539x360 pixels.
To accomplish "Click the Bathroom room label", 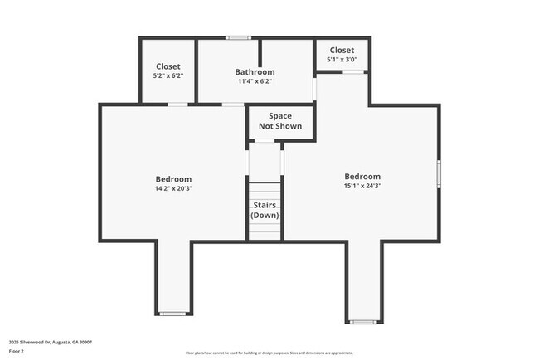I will pyautogui.click(x=254, y=72).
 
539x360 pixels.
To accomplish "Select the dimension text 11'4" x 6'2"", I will pyautogui.click(x=254, y=81).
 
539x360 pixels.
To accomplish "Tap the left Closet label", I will pyautogui.click(x=168, y=66).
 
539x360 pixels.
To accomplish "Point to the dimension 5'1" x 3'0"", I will pyautogui.click(x=342, y=59).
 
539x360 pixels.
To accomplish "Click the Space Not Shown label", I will pyautogui.click(x=280, y=121).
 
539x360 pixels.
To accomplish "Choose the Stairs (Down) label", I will pyautogui.click(x=265, y=210).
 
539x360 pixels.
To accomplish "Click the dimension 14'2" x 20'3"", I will pyautogui.click(x=173, y=188).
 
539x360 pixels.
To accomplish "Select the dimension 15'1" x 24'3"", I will pyautogui.click(x=362, y=186).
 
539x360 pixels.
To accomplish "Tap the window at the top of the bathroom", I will pyautogui.click(x=240, y=37).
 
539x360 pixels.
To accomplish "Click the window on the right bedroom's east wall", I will pyautogui.click(x=439, y=173).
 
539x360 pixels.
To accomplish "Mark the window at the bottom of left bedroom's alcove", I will pyautogui.click(x=172, y=314).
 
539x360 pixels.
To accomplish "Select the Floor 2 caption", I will pyautogui.click(x=17, y=352).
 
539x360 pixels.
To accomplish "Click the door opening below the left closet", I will pyautogui.click(x=177, y=104).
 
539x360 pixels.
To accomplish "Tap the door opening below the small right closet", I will pyautogui.click(x=354, y=72).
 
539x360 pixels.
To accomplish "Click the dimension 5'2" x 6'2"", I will pyautogui.click(x=168, y=75).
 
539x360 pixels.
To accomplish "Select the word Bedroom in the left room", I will pyautogui.click(x=173, y=179).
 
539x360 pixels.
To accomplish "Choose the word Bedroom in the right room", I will pyautogui.click(x=362, y=177).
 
